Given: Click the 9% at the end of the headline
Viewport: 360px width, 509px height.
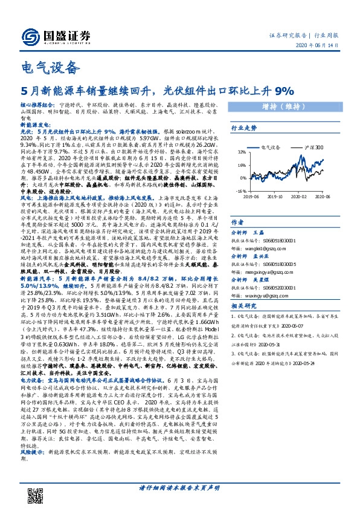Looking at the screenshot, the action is coord(283,91).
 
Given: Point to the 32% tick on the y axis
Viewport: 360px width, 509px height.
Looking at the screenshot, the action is coord(241,152).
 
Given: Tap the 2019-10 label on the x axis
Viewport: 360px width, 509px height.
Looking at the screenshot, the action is coord(275,196).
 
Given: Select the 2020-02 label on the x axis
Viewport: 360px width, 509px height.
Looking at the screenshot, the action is coord(301,196).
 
